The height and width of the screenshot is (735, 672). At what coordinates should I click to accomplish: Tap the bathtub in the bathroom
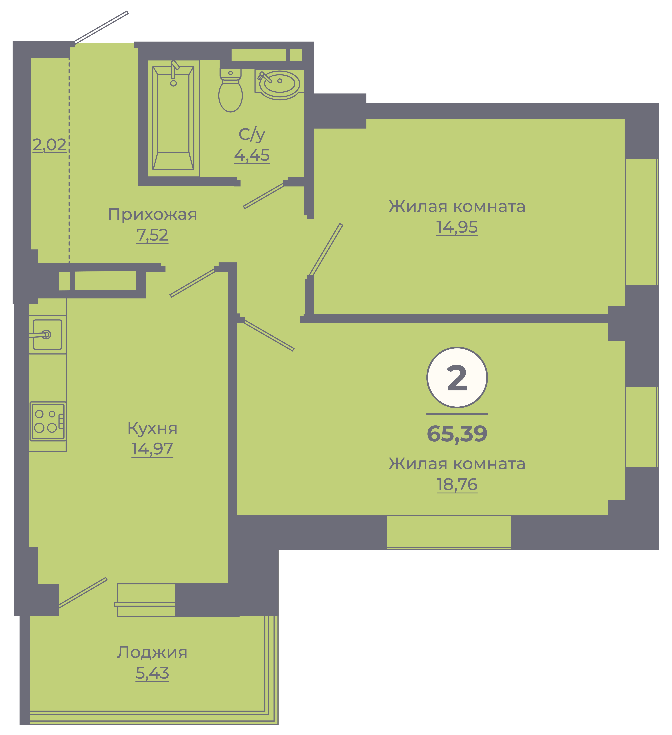tap(173, 118)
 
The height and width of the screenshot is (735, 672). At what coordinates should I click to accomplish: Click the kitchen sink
tap(47, 334)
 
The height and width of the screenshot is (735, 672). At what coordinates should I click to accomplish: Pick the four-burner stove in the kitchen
tap(48, 421)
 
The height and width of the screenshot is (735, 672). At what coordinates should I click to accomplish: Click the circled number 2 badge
tap(457, 377)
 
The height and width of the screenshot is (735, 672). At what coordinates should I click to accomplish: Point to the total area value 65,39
tap(457, 434)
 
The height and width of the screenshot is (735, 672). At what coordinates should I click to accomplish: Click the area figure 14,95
tap(457, 227)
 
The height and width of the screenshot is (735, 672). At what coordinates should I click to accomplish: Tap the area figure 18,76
tap(457, 485)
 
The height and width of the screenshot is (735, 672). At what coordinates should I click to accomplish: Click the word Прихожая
tap(152, 214)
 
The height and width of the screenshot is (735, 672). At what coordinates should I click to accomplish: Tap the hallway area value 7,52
tap(152, 235)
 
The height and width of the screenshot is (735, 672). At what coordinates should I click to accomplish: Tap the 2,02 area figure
tap(50, 145)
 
